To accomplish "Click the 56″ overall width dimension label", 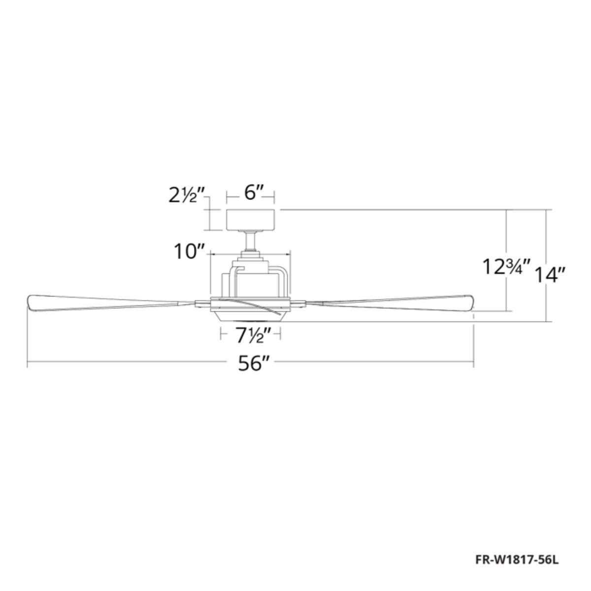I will [x=255, y=364].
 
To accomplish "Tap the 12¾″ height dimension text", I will [x=506, y=267].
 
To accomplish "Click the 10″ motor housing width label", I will [x=189, y=252].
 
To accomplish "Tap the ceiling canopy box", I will [x=250, y=220].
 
